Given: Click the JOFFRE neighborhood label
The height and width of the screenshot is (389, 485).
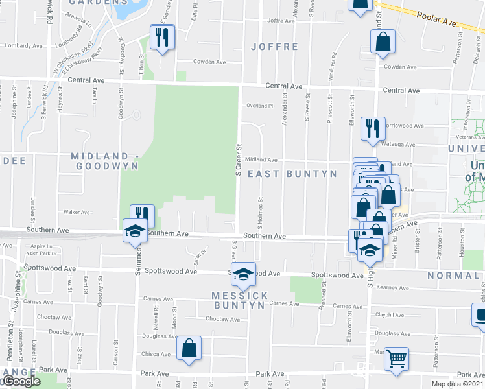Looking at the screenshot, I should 277,47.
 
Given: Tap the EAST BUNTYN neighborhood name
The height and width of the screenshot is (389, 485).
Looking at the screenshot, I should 292,174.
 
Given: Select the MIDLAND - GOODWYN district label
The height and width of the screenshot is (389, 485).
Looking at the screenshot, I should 105,161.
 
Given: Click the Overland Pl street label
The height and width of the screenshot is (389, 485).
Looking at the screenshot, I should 259,106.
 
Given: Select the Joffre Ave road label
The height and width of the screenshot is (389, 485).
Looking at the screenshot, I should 281,21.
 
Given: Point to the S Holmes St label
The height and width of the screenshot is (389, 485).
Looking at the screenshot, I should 260,213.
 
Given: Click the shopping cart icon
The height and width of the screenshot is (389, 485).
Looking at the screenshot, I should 396,357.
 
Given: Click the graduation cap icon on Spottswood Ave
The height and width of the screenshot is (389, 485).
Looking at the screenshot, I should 243,274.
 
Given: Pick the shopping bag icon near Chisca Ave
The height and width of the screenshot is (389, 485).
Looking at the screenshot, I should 189,348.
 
